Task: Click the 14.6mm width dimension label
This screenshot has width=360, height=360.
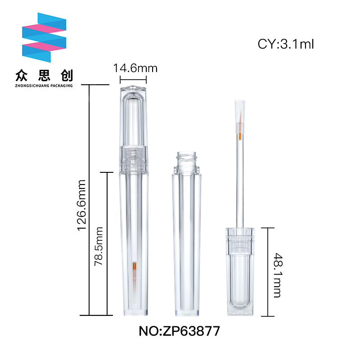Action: click(x=135, y=68)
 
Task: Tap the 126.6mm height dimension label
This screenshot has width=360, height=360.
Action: click(x=82, y=205)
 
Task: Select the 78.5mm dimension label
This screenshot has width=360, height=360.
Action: click(x=99, y=246)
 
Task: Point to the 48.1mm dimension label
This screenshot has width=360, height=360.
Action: click(x=278, y=275)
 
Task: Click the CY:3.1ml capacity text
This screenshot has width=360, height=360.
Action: click(x=286, y=44)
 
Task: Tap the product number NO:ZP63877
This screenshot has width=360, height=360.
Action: click(x=179, y=331)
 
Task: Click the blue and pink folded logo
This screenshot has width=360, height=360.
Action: click(x=44, y=37)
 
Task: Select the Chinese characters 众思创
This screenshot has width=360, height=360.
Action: click(x=44, y=76)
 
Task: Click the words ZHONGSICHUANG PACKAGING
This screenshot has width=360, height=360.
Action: click(x=44, y=85)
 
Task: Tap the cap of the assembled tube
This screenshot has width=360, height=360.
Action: click(x=133, y=129)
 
